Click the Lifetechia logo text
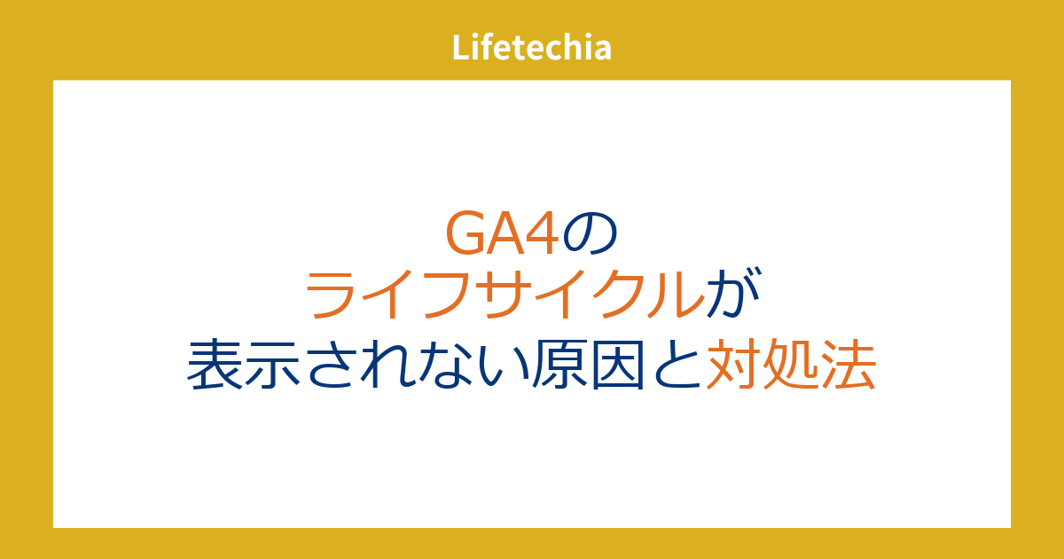click(x=531, y=48)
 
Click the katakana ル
click(x=677, y=295)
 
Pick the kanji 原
click(x=560, y=365)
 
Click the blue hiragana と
click(x=676, y=365)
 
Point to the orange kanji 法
click(x=849, y=365)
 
